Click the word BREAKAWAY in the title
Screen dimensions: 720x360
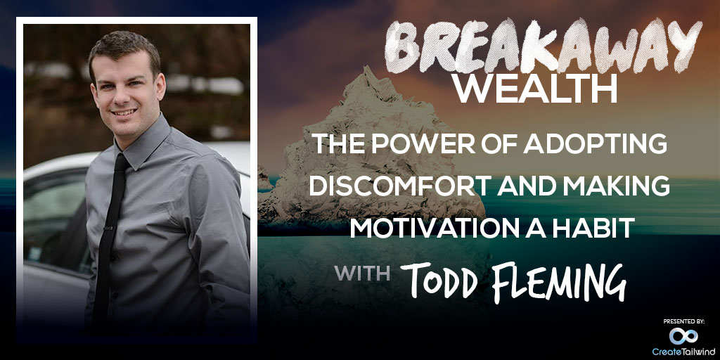[x=544, y=46]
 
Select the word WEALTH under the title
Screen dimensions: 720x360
[x=534, y=89]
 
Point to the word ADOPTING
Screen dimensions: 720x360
[x=595, y=145]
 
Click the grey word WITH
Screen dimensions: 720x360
[x=362, y=273]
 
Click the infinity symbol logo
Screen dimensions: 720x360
[x=683, y=336]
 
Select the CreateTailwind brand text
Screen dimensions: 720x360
[x=683, y=352]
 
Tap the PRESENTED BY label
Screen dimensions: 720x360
[x=683, y=322]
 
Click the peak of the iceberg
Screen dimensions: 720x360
[x=366, y=68]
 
